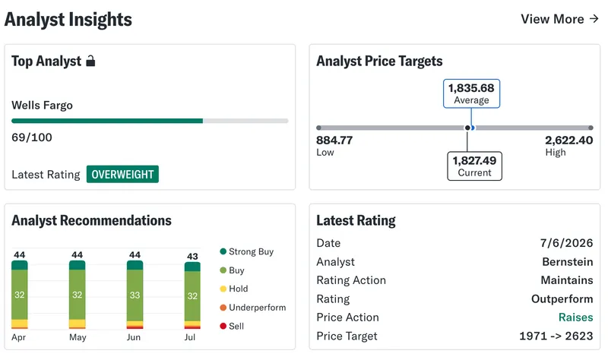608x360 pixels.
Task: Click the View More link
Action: coord(560,19)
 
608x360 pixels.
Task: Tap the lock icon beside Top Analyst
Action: coord(90,61)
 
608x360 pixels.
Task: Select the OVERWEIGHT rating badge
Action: coord(122,175)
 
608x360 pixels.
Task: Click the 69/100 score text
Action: coord(32,137)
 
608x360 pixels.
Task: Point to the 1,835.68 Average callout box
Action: coord(471,93)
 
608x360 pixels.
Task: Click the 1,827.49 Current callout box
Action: coord(474,166)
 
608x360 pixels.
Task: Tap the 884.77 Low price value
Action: coord(334,140)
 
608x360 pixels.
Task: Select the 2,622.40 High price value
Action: coord(568,140)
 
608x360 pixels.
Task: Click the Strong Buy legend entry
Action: coord(246,251)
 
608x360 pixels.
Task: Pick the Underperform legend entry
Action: coord(253,308)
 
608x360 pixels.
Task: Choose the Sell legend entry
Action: coord(232,326)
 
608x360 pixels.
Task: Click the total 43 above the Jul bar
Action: coord(192,256)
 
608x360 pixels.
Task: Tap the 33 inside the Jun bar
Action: coord(135,295)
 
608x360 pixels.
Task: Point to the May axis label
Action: coord(78,337)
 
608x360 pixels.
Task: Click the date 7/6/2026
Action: coord(566,243)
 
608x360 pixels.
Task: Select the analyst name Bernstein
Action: coord(568,261)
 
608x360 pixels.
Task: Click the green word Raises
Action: coord(576,317)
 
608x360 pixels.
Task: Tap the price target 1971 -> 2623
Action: coord(556,336)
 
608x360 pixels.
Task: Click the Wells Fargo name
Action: coord(43,105)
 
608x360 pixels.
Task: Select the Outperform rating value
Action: coord(562,298)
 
